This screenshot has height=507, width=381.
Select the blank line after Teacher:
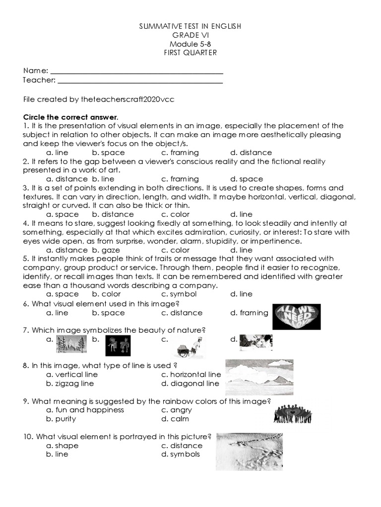pyautogui.click(x=140, y=80)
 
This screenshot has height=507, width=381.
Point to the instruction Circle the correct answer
pyautogui.click(x=71, y=117)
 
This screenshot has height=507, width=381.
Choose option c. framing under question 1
pyautogui.click(x=180, y=152)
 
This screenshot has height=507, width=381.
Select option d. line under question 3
pyautogui.click(x=242, y=214)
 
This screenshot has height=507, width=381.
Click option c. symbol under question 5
pyautogui.click(x=179, y=294)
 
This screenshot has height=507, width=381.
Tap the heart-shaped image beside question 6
pyautogui.click(x=293, y=316)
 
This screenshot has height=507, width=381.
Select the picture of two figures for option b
pyautogui.click(x=118, y=345)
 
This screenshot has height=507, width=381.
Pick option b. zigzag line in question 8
pyautogui.click(x=70, y=383)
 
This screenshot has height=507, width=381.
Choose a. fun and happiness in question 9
pyautogui.click(x=85, y=410)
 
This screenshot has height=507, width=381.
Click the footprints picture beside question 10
pyautogui.click(x=249, y=451)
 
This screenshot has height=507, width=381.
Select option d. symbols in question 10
pyautogui.click(x=181, y=454)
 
